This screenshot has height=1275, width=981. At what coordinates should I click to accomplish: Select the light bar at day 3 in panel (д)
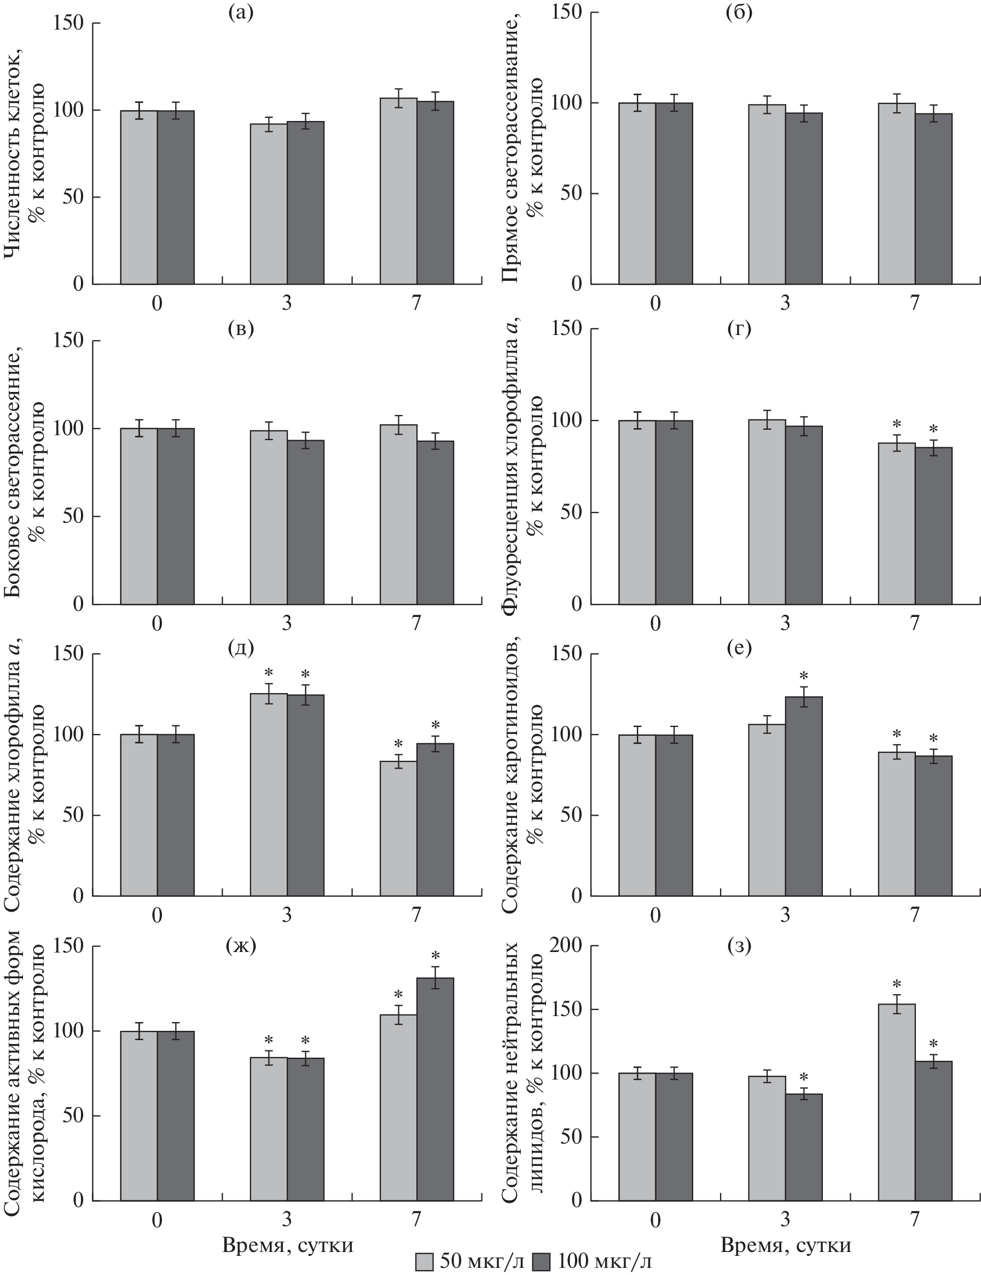coord(269,794)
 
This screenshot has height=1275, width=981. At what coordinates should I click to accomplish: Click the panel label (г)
coord(739,330)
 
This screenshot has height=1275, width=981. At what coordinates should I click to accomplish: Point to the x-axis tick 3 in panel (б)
coord(785,303)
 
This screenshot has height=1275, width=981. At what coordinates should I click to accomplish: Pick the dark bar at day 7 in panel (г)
coord(933,526)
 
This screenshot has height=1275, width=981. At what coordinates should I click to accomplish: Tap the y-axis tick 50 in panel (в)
coord(68,516)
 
